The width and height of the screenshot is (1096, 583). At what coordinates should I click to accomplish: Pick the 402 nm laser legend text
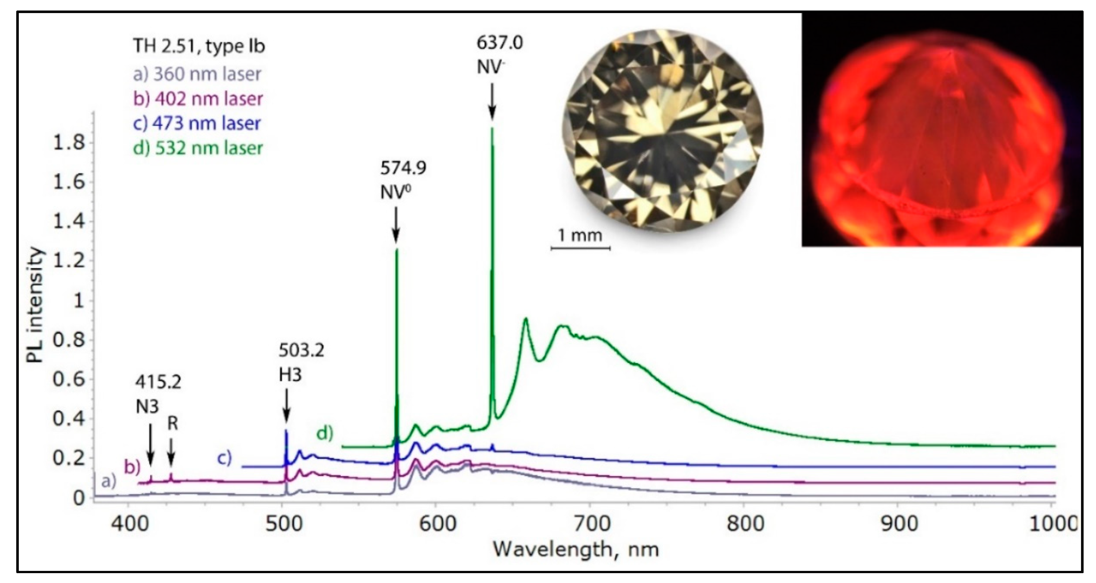point(198,99)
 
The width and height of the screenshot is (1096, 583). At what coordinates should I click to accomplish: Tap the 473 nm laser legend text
point(197,123)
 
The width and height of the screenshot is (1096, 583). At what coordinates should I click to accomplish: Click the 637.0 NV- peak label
point(499,55)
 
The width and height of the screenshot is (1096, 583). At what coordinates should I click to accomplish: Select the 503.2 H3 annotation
point(301,363)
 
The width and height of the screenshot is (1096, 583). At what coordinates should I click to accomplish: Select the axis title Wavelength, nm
point(576,549)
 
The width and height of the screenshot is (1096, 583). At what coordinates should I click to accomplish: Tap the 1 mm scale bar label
point(580,235)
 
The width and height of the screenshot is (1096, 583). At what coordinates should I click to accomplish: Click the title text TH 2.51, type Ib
point(199,46)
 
